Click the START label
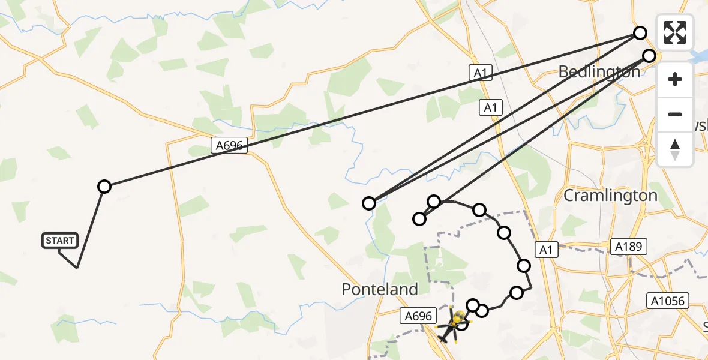59,241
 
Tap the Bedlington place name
599,72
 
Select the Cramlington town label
610,196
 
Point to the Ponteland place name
380,289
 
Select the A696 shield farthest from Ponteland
229,145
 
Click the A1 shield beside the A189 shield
545,249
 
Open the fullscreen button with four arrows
675,32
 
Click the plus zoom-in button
675,79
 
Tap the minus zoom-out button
675,114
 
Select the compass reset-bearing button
675,149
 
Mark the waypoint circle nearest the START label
104,187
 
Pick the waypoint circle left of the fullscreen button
640,33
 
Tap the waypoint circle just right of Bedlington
649,56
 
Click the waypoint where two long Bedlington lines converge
369,203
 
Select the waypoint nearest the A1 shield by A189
524,266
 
